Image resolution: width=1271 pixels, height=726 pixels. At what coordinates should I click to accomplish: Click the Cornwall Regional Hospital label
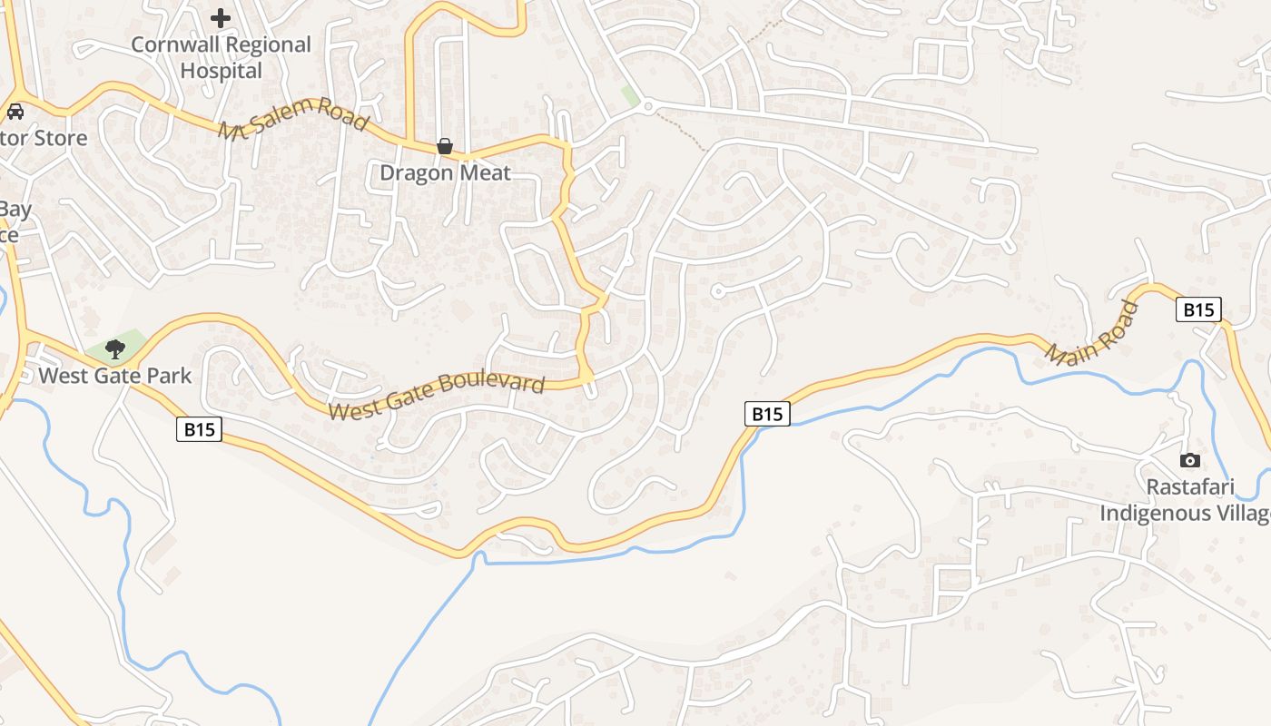pyautogui.click(x=221, y=57)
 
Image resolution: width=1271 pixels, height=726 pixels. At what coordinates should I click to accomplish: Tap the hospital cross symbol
pyautogui.click(x=221, y=17)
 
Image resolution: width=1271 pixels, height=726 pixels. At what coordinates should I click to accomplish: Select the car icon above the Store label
pyautogui.click(x=15, y=112)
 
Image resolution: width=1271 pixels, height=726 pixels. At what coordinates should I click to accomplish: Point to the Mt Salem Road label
pyautogui.click(x=293, y=118)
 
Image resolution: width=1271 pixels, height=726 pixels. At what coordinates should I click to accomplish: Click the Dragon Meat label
pyautogui.click(x=445, y=172)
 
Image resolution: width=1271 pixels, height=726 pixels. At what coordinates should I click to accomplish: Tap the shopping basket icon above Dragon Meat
pyautogui.click(x=445, y=146)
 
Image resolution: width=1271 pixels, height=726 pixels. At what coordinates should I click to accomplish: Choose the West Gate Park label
pyautogui.click(x=114, y=375)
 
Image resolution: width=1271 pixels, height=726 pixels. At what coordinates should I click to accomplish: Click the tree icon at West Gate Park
pyautogui.click(x=114, y=348)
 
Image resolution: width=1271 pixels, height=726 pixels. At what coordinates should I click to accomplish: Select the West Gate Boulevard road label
pyautogui.click(x=436, y=397)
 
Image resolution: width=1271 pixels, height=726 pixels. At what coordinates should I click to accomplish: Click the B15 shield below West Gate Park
pyautogui.click(x=199, y=429)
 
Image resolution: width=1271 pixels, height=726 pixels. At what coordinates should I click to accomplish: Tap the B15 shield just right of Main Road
pyautogui.click(x=1198, y=309)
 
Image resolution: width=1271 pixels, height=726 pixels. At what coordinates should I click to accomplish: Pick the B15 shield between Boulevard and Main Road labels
pyautogui.click(x=767, y=414)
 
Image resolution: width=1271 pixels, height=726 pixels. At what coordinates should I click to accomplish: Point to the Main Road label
pyautogui.click(x=1092, y=333)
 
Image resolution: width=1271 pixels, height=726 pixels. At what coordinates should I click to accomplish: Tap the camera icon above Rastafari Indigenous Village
pyautogui.click(x=1189, y=461)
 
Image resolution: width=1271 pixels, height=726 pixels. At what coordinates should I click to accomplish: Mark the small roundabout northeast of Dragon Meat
pyautogui.click(x=647, y=107)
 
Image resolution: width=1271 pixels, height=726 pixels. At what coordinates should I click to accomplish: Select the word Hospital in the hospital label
pyautogui.click(x=221, y=71)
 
